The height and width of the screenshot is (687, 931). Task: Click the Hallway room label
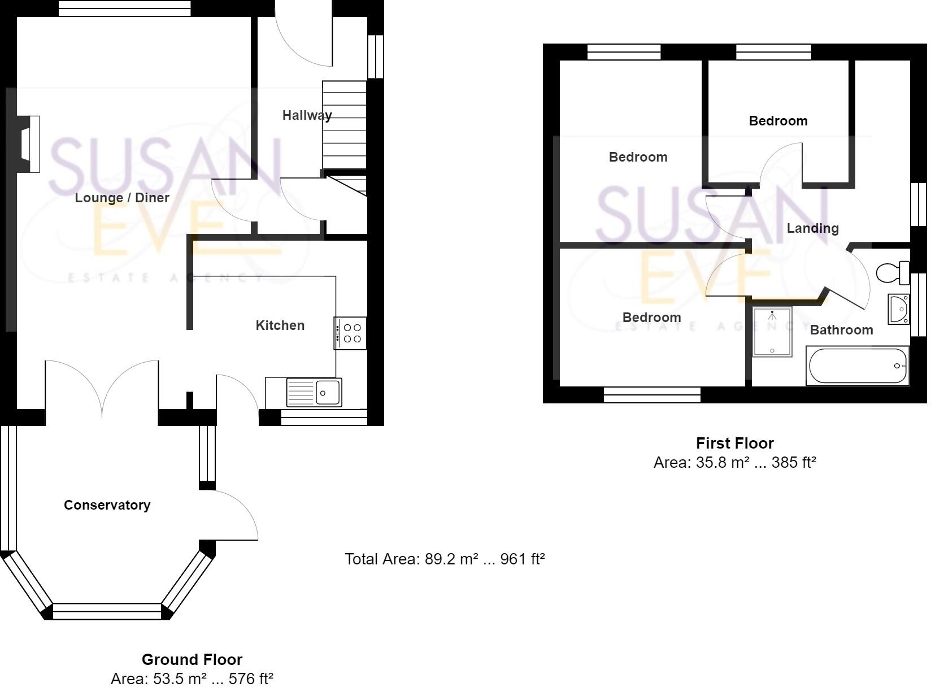coord(307,115)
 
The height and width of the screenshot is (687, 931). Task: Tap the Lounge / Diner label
coord(122,198)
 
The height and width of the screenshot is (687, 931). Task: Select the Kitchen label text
coord(280,325)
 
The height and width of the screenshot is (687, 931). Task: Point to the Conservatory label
coord(107,505)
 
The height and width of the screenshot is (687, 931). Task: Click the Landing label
coord(812,228)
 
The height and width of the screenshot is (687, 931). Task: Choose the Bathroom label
coord(841,330)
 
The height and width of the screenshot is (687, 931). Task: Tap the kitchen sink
coord(314,392)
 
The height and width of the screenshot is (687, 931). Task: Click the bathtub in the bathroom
coord(858,366)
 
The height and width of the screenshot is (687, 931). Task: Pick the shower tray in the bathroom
coord(772,332)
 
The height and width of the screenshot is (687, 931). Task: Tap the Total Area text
coord(445,559)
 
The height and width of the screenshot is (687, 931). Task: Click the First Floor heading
coord(734,443)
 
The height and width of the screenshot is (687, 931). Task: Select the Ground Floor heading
coord(192,659)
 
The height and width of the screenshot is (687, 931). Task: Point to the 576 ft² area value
coord(250,679)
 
